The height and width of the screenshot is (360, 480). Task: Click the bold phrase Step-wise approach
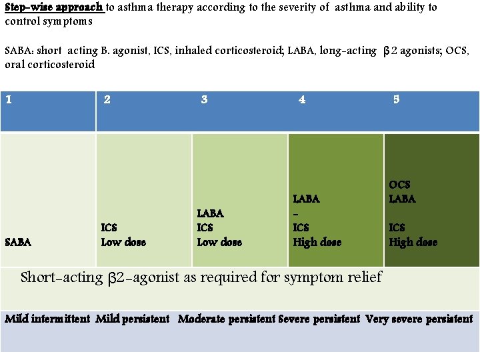click(54, 7)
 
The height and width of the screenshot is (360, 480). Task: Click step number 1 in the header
click(8, 100)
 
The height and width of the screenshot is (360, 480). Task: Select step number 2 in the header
click(107, 100)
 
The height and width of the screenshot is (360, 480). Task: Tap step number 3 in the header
click(204, 100)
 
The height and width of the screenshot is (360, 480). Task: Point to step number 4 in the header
click(302, 100)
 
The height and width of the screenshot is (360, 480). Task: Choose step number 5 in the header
click(396, 100)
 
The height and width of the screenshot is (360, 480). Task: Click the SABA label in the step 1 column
click(18, 243)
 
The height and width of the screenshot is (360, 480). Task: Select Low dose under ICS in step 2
click(123, 242)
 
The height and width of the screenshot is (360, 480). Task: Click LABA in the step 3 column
click(211, 213)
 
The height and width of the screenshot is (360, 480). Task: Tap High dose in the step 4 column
click(317, 242)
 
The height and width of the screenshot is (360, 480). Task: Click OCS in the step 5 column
click(399, 185)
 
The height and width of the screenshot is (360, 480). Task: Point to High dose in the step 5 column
click(413, 242)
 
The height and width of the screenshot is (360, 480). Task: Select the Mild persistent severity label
click(133, 319)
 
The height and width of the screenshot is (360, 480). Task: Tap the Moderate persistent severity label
click(227, 319)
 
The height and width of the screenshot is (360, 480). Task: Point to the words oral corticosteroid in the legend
click(49, 65)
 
